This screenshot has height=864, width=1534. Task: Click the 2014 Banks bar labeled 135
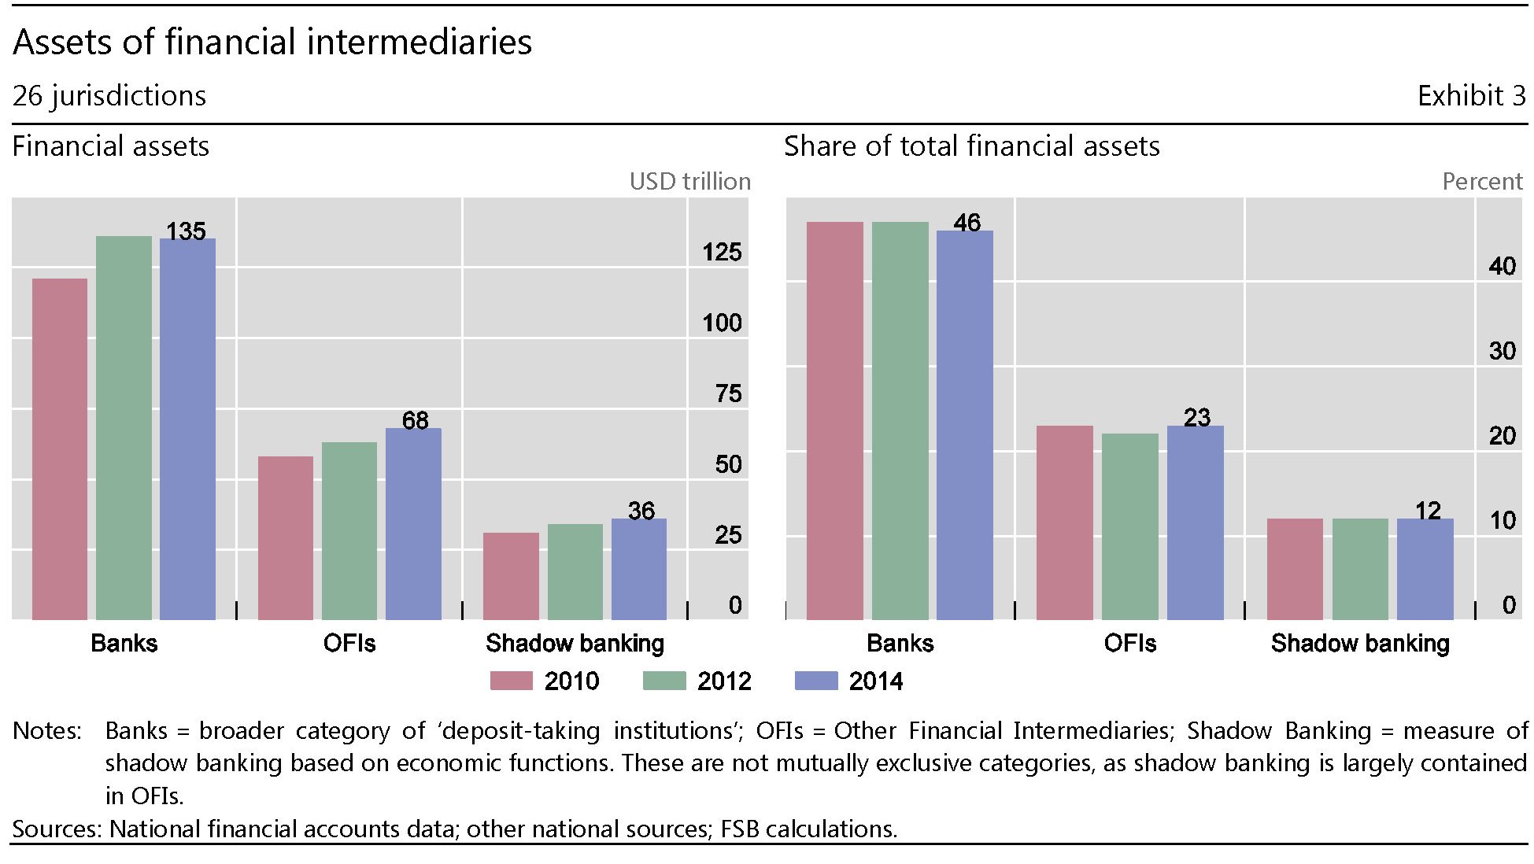(x=187, y=429)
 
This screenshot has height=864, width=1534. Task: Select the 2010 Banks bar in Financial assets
(x=60, y=449)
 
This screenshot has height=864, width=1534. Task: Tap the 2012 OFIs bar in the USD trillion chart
(x=349, y=531)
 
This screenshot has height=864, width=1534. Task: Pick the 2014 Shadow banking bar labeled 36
(x=638, y=569)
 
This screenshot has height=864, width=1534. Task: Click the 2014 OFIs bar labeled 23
(x=1195, y=522)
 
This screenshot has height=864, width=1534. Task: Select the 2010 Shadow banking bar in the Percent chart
(x=1295, y=569)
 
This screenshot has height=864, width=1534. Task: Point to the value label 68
(x=416, y=420)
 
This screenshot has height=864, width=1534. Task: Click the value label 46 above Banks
(x=967, y=223)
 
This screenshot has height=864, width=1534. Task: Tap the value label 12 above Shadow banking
(x=1428, y=511)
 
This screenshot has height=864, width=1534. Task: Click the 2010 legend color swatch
(x=511, y=681)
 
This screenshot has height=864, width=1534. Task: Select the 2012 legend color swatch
(x=664, y=681)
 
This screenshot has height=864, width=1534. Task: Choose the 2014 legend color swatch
(x=816, y=681)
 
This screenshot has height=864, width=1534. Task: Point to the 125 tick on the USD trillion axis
(x=722, y=253)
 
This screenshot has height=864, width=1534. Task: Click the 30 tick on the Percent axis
(x=1502, y=351)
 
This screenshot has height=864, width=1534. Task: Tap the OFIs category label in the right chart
(x=1129, y=644)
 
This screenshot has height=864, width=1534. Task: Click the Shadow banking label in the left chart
(x=575, y=644)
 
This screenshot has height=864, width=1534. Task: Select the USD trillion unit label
(x=689, y=182)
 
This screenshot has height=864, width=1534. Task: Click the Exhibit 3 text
(x=1471, y=96)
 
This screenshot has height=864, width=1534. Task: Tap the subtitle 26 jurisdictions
(x=109, y=96)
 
